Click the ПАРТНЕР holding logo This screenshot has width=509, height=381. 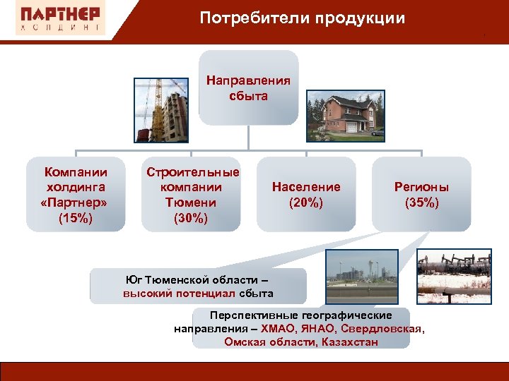(59, 19)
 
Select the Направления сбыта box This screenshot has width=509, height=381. (248, 88)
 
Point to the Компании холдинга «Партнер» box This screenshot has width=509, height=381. (76, 194)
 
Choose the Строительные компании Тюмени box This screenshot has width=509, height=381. (192, 194)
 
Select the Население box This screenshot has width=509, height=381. (306, 194)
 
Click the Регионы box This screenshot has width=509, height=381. (421, 194)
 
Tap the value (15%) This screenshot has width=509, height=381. (76, 218)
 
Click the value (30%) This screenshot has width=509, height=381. (191, 218)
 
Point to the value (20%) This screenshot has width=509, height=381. (306, 202)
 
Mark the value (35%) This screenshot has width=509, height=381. (421, 202)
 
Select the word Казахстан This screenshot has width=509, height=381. (349, 342)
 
